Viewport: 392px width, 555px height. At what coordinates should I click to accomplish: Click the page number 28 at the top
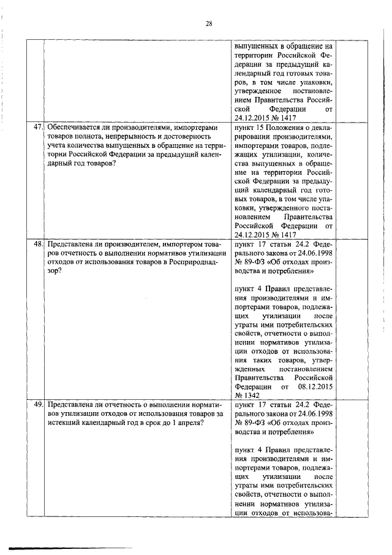coord(209,24)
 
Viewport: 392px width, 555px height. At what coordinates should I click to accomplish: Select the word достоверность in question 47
coord(188,137)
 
